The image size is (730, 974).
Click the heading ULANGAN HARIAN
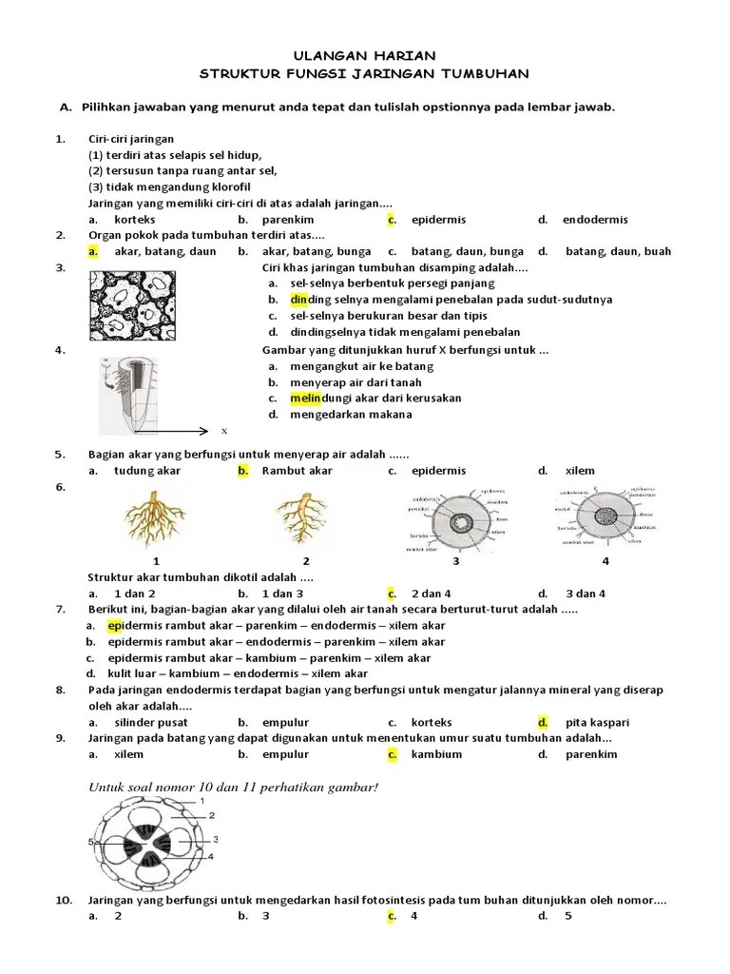(x=366, y=56)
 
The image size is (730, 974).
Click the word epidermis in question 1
(x=438, y=220)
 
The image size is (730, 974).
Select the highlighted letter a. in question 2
(x=93, y=251)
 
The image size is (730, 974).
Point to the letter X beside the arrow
(x=224, y=431)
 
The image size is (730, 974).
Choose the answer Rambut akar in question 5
(x=297, y=470)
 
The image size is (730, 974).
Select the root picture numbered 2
(x=305, y=517)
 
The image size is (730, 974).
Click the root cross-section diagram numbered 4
(x=605, y=519)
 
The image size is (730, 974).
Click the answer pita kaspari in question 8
(x=597, y=722)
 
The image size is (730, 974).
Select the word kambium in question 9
(x=436, y=754)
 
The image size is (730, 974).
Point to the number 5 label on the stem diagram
(x=91, y=843)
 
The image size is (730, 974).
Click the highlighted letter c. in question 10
(x=391, y=916)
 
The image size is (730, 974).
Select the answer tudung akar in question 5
(x=147, y=470)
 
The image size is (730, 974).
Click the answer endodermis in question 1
(x=595, y=220)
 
